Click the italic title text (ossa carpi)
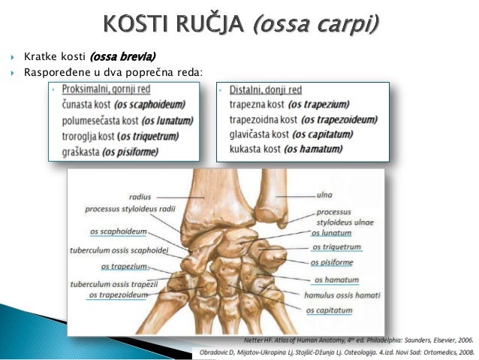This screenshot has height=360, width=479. click(316, 24)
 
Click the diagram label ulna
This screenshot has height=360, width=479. click(325, 195)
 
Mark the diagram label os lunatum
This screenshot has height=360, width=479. click(331, 233)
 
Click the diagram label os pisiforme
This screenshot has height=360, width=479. click(333, 262)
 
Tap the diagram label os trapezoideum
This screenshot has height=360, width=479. click(118, 295)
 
